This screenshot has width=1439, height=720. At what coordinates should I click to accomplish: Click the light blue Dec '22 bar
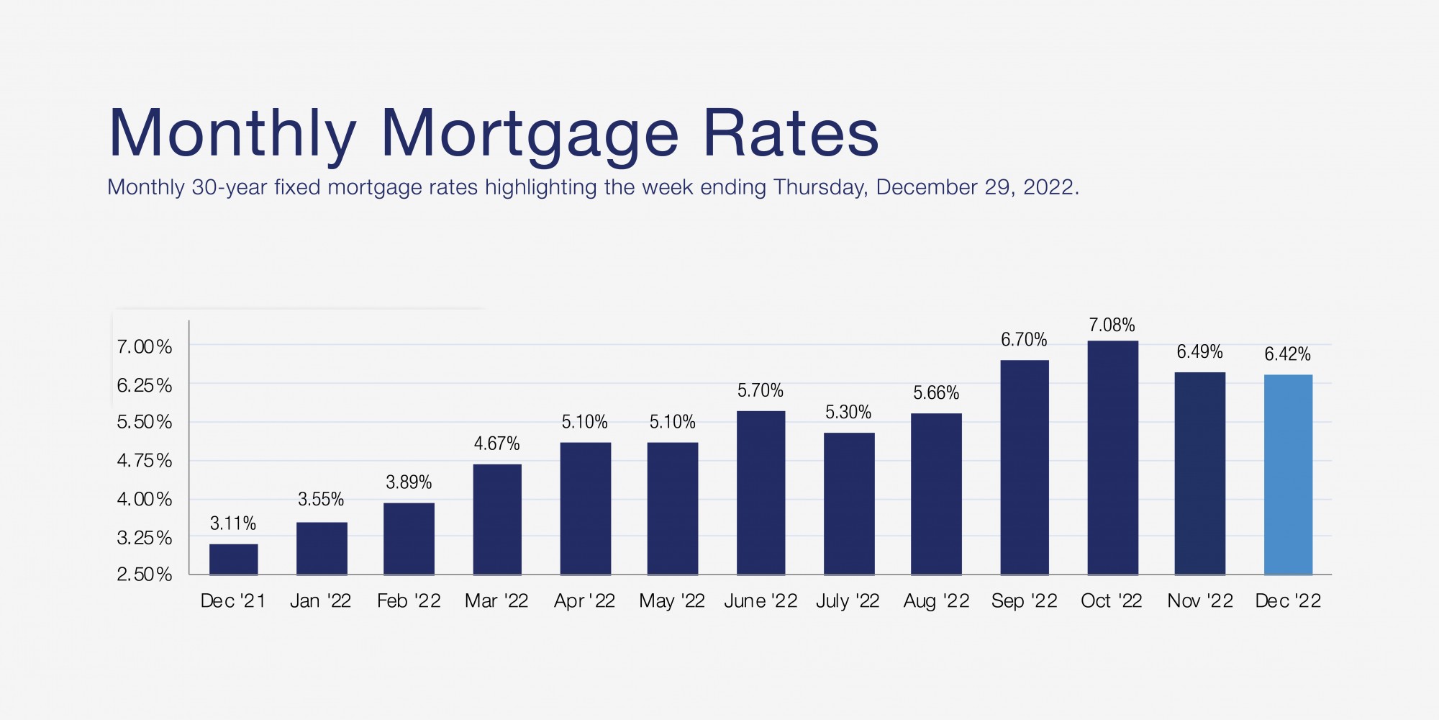tap(1288, 475)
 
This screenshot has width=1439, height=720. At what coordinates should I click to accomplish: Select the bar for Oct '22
tap(1112, 458)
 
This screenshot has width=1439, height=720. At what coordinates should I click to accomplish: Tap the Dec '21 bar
tap(233, 559)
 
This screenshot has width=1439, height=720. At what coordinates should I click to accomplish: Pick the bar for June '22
tap(761, 493)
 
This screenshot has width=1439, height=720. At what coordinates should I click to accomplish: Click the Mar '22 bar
tap(497, 520)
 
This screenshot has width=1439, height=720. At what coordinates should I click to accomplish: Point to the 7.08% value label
tap(1112, 325)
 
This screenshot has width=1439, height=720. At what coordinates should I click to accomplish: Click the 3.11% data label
tap(233, 523)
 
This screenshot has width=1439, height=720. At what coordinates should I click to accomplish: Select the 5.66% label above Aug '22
tap(936, 393)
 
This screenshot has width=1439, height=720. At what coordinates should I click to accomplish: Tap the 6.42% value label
tap(1287, 354)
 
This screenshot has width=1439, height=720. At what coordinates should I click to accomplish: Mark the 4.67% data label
tap(496, 444)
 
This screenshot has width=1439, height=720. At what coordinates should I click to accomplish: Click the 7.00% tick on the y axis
tap(145, 347)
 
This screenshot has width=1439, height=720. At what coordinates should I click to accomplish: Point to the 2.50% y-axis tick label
tap(145, 575)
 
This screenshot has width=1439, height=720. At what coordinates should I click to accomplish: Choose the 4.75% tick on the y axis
tap(145, 461)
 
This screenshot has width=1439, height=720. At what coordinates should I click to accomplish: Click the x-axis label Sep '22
tap(1024, 601)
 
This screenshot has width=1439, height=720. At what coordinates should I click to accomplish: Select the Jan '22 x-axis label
tap(320, 601)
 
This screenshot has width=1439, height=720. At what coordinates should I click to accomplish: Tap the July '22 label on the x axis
tap(848, 601)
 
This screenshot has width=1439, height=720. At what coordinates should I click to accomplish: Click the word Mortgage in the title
tap(529, 135)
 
